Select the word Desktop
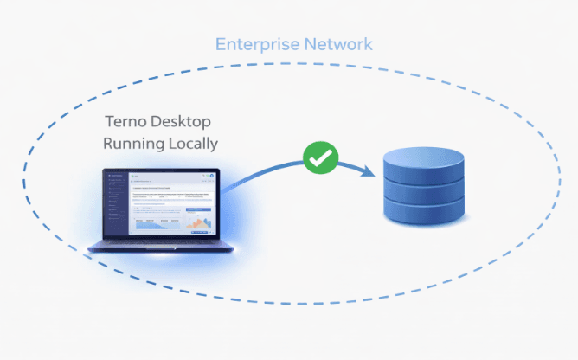[184, 121]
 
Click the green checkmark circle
[320, 158]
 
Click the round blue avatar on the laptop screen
[211, 177]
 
